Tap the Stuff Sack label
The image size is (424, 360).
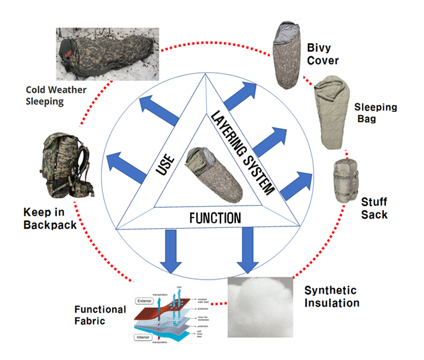tap(374, 208)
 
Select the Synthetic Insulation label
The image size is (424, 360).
tap(331, 296)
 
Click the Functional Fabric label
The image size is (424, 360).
tap(100, 315)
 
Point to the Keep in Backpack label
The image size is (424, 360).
tap(50, 219)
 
